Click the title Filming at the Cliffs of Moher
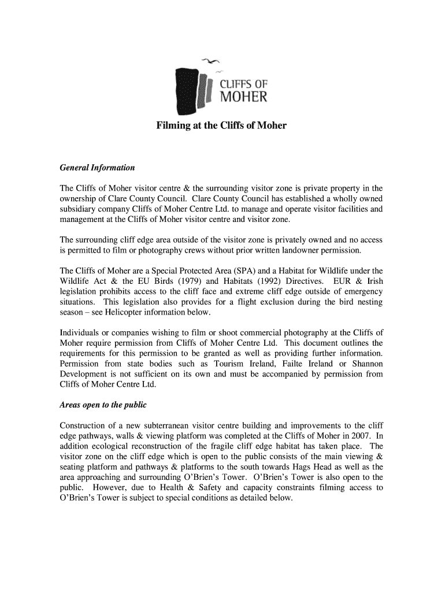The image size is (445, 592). pyautogui.click(x=221, y=125)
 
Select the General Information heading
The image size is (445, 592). pyautogui.click(x=97, y=168)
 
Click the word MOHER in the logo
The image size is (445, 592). pyautogui.click(x=243, y=97)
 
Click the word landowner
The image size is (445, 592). pyautogui.click(x=298, y=250)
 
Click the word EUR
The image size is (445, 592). pyautogui.click(x=337, y=282)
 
